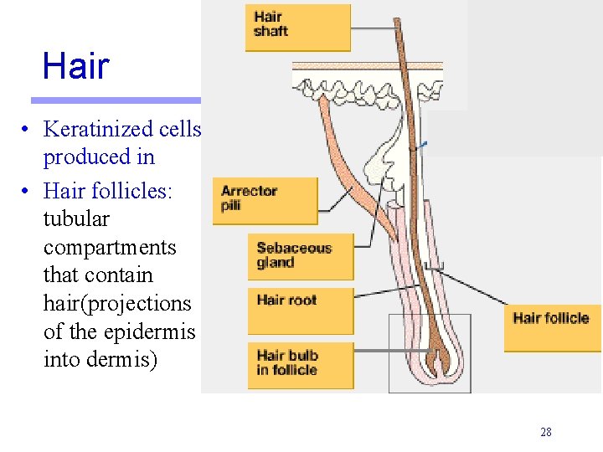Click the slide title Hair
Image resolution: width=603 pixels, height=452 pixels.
pos(75,65)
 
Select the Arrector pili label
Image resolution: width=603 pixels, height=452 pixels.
pos(265,199)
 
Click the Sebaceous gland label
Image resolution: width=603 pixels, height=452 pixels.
pos(300,255)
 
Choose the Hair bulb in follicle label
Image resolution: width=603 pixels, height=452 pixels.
pos(300,363)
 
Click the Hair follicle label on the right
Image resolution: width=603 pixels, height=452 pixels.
pos(551,318)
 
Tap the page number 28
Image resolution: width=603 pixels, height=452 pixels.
pos(546,433)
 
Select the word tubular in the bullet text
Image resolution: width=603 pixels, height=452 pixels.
pos(76,218)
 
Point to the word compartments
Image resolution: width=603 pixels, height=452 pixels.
pos(110,248)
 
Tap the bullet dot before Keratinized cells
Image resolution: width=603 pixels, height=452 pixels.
pos(27,130)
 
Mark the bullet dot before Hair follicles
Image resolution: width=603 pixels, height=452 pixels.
pos(27,192)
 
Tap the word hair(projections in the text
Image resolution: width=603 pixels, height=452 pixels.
pos(117,303)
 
